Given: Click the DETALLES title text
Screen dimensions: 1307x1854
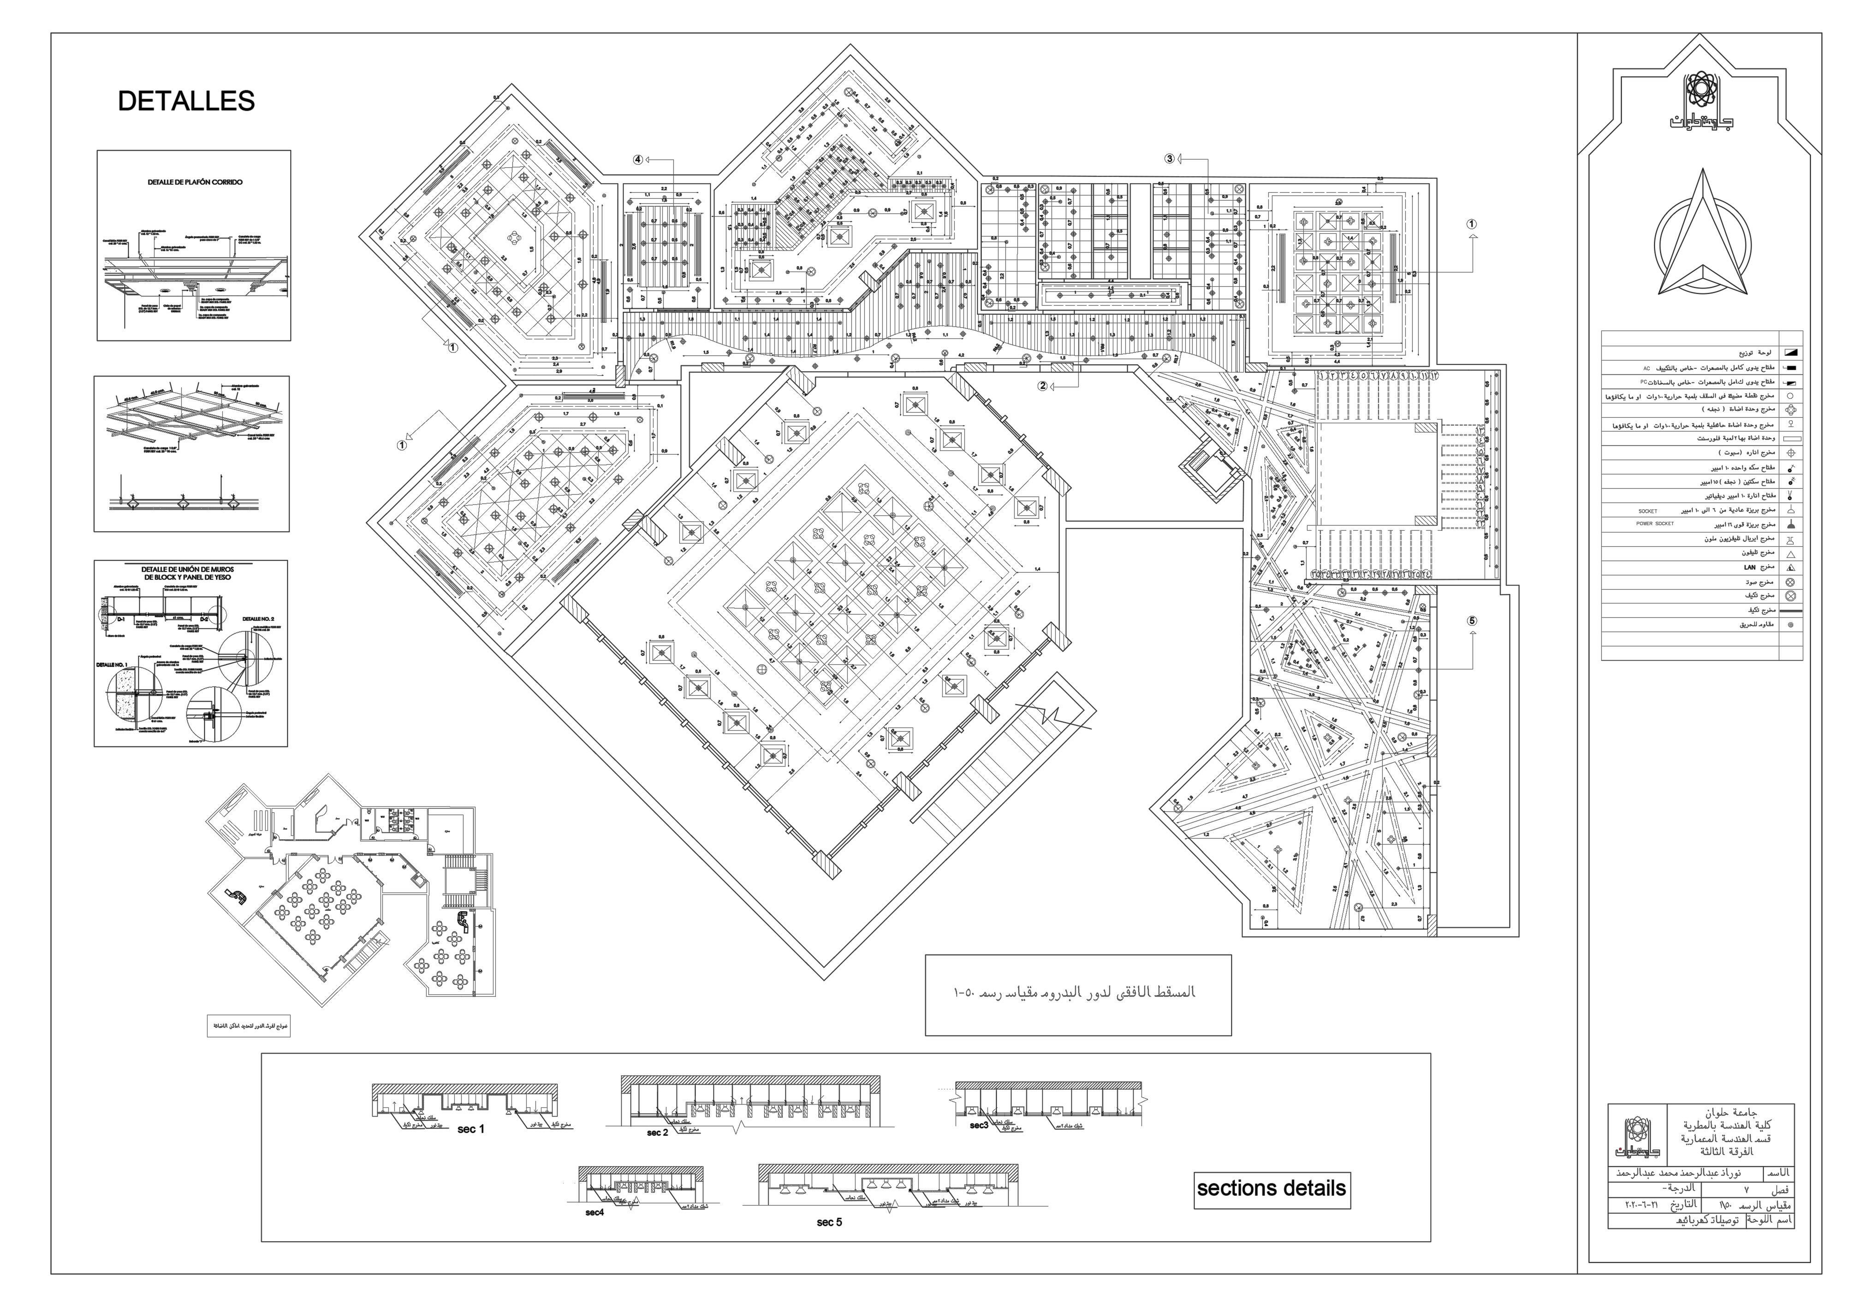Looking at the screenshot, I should (x=186, y=101).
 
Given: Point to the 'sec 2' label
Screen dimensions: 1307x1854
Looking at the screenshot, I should (x=657, y=1133).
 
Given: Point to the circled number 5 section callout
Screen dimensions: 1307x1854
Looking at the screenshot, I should (x=1472, y=621).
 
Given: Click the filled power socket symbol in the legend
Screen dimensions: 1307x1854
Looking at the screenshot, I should (x=1790, y=524).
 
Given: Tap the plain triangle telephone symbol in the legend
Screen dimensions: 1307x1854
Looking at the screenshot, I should (x=1790, y=554).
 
